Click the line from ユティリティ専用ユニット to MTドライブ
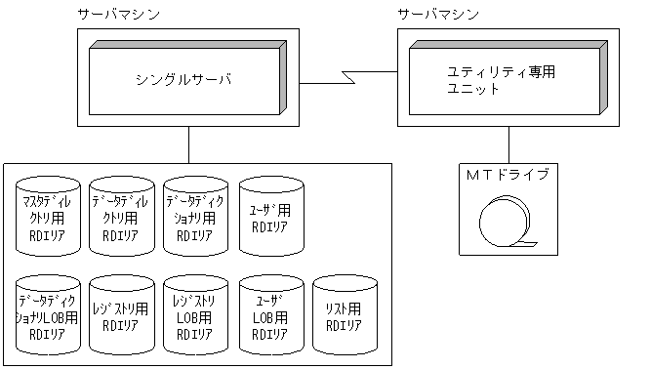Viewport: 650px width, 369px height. point(508,143)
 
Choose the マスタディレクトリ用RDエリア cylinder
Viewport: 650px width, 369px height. point(47,218)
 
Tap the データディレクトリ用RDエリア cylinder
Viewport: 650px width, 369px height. point(121,218)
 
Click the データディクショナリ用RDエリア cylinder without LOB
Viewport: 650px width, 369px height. point(195,218)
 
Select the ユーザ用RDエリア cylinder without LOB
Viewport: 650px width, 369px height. point(270,218)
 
